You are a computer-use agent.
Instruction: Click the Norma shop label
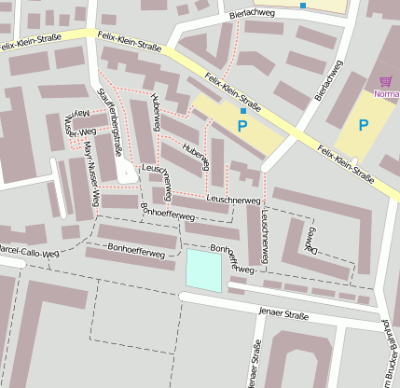386,94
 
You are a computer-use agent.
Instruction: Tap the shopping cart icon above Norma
386,82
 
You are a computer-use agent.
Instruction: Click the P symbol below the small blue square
243,125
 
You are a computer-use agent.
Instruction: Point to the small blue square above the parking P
243,111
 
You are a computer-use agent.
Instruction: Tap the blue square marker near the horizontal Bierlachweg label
302,6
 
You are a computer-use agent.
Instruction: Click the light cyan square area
205,270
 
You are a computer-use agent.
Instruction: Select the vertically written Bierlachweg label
328,80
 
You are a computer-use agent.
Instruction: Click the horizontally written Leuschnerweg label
233,200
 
